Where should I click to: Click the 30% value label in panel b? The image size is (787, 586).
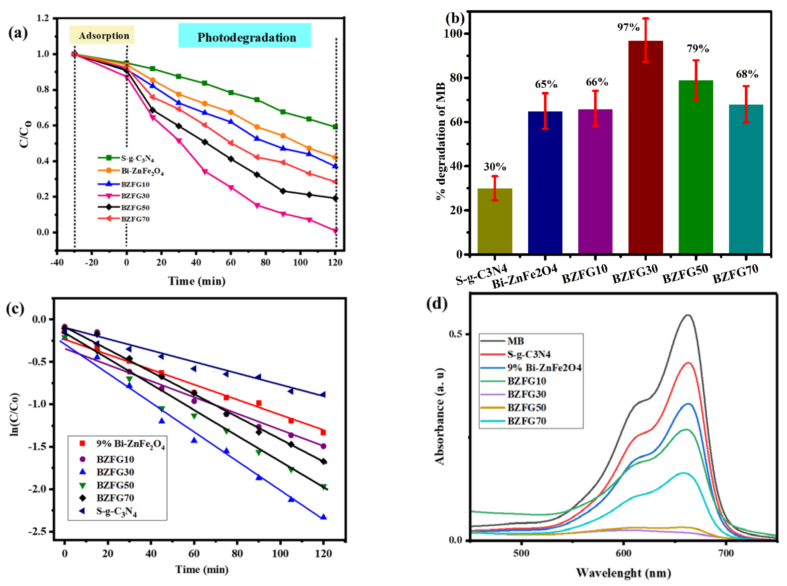[494, 167]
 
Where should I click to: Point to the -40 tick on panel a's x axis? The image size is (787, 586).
[57, 263]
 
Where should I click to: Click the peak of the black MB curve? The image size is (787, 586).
[688, 315]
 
